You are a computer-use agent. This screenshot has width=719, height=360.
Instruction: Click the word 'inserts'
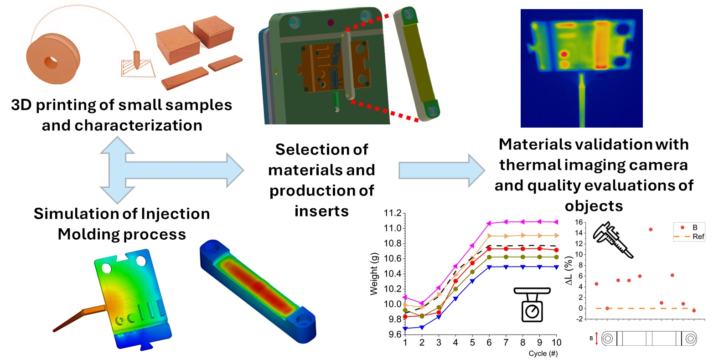pos(321,211)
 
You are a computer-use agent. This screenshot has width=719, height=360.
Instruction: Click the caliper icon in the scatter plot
pos(612,239)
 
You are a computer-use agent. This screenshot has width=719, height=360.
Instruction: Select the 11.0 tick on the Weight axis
pos(393,228)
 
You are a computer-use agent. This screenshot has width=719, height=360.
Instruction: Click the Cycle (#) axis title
pos(543,354)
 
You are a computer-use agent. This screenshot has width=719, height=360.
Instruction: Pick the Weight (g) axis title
pos(374,273)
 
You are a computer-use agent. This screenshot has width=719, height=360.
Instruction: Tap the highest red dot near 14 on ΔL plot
pos(651,230)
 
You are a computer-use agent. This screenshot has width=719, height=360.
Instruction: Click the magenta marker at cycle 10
pos(556,222)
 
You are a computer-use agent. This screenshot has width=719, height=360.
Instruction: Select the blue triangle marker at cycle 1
pos(405,329)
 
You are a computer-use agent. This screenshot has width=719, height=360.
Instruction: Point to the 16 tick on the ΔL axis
pos(579,222)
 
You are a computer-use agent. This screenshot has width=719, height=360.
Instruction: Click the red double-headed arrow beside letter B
pos(596,339)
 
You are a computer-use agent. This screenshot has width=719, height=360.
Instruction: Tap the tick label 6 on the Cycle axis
pos(489,343)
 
